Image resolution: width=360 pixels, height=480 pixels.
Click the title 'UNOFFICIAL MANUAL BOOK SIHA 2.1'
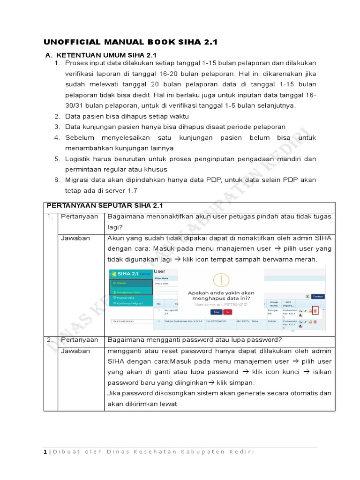(131, 43)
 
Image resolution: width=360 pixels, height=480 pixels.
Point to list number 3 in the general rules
(57, 127)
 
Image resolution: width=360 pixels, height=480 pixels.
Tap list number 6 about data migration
(57, 180)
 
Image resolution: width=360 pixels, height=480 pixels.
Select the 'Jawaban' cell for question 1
(75, 238)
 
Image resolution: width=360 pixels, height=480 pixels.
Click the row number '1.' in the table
(49, 217)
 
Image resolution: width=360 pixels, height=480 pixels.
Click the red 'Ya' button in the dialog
(228, 312)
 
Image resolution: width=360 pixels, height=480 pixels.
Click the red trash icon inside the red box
(315, 310)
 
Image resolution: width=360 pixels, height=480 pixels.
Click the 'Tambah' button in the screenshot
(317, 296)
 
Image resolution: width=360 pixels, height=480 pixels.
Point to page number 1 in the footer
(45, 452)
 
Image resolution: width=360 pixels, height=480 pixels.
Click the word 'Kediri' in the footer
(241, 452)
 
